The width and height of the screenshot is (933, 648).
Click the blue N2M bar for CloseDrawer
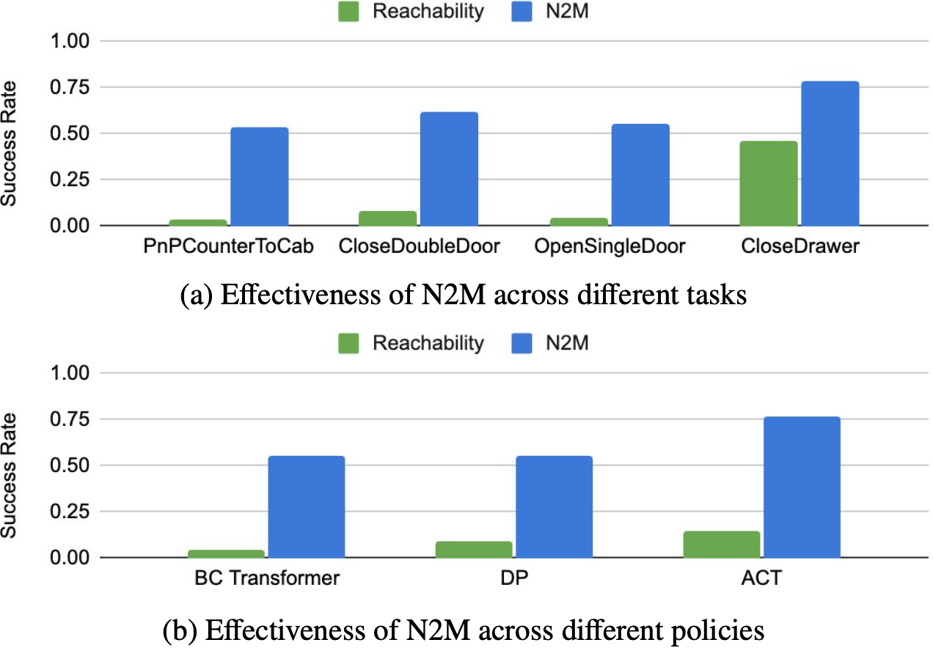point(830,153)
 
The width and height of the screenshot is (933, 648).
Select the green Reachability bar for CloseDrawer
point(768,183)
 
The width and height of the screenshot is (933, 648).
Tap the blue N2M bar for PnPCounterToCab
point(259,177)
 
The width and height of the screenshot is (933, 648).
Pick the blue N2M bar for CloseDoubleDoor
point(449,169)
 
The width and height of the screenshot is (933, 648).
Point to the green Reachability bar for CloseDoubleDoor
point(387,218)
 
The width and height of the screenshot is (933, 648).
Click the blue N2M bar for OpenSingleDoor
point(640,174)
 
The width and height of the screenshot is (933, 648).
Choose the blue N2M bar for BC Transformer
point(306,507)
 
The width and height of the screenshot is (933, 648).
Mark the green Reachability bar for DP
point(474,549)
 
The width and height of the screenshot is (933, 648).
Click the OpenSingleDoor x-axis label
point(610,247)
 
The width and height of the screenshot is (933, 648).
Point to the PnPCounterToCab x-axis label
point(229,247)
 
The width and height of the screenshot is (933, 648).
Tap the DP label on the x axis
point(513,578)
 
